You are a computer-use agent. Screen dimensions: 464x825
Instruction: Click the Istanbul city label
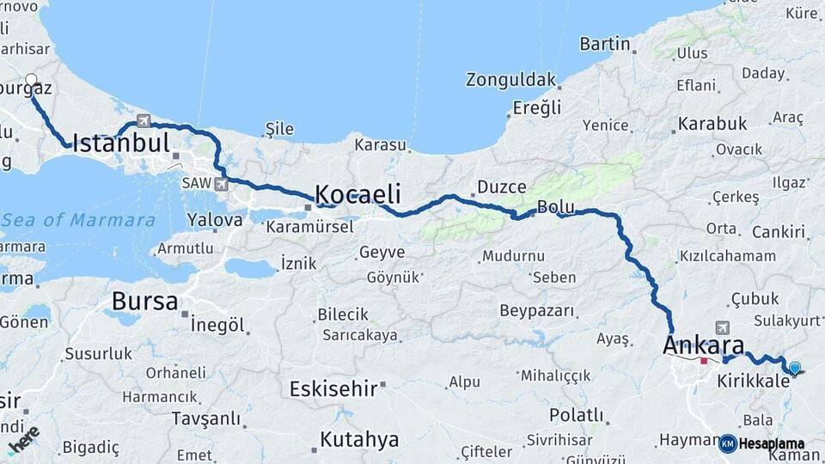coord(120,143)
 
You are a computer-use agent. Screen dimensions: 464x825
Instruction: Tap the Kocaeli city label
coord(357,193)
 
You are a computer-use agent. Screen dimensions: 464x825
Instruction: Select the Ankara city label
coord(703,345)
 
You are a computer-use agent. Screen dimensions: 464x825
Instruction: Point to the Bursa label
coord(144,302)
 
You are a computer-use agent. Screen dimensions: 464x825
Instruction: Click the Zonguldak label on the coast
coord(510,80)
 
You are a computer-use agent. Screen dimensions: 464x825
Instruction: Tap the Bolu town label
coord(555,206)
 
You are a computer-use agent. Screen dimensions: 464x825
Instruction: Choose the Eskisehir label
coord(333,388)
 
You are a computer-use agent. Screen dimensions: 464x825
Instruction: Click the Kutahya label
coord(359,440)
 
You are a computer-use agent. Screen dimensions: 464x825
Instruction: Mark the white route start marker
coord(32,81)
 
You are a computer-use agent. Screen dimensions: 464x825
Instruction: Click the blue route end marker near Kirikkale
coord(794,368)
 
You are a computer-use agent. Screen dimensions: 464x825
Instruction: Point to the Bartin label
coord(604,44)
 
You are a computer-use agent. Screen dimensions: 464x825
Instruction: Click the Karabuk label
coord(712,124)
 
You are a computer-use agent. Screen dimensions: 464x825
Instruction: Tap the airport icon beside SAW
coord(222,184)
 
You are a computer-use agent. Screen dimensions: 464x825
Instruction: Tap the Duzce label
coord(501,186)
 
